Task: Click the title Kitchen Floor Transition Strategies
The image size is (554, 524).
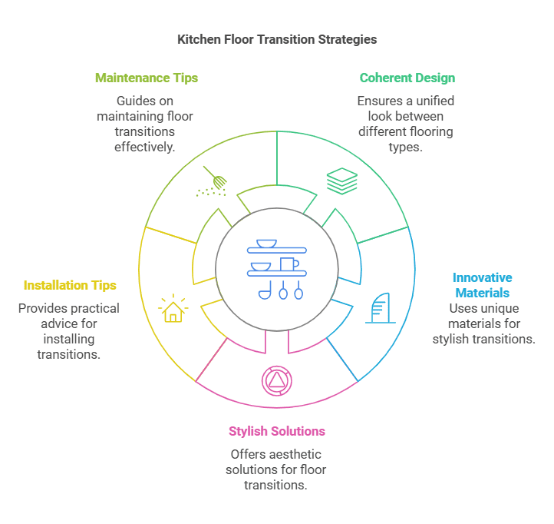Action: [x=277, y=39]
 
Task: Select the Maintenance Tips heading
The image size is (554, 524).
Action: [x=147, y=78]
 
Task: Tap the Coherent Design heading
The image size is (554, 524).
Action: [x=407, y=78]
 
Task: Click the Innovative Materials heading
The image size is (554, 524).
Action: [x=483, y=285]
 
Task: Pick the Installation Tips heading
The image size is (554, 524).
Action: [x=70, y=285]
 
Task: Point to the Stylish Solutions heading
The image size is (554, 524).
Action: [x=277, y=431]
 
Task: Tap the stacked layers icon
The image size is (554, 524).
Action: [x=341, y=181]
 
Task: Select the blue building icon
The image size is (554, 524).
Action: [x=380, y=308]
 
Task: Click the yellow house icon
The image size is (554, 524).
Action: [x=173, y=308]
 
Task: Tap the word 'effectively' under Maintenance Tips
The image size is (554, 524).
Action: [x=145, y=147]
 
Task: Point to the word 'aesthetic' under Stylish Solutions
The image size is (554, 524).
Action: [x=295, y=455]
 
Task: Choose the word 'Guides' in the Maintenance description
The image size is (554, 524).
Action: [x=135, y=101]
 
